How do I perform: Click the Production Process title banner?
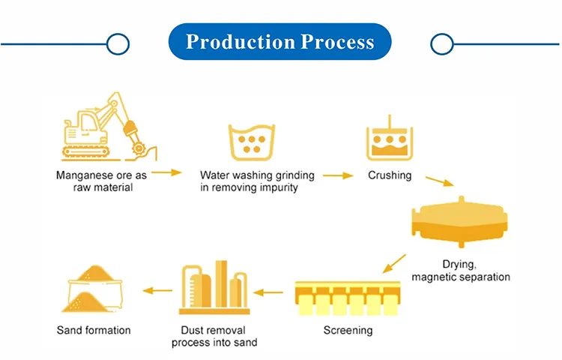pos(280,42)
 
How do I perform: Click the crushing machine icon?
pos(388,139)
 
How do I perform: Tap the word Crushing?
pos(390,175)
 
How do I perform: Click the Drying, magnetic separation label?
pos(461,271)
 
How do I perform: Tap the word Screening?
pos(348,330)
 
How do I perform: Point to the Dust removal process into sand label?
pos(214,336)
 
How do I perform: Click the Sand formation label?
pos(94,330)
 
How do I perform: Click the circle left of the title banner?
pos(118,43)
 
